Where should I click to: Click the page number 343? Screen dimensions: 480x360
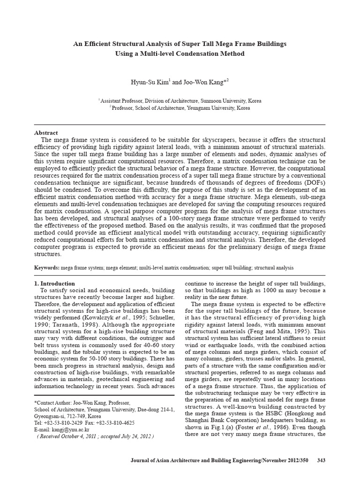pyautogui.click(x=321, y=461)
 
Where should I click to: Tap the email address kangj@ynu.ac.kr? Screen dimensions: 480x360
pyautogui.click(x=64, y=429)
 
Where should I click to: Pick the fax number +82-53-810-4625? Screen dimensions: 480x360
pyautogui.click(x=117, y=422)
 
